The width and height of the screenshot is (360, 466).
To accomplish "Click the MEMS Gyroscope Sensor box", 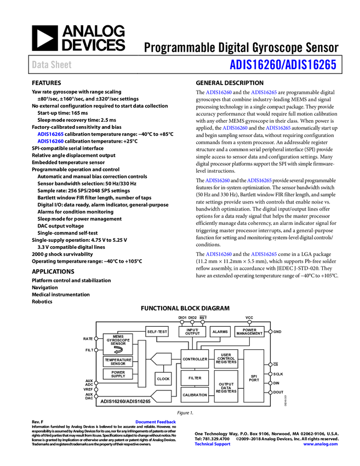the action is click(118, 344).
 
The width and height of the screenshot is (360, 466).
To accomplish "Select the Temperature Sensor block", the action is click(118, 361).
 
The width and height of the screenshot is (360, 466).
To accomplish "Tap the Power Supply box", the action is click(118, 374).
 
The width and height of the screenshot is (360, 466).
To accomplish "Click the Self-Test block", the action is click(157, 332).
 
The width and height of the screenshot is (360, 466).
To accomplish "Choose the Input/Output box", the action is click(192, 332).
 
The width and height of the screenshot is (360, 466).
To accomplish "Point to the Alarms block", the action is click(220, 332).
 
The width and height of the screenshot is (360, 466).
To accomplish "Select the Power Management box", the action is click(249, 332).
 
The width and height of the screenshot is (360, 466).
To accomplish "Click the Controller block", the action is click(195, 359).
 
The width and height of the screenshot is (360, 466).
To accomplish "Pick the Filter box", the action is click(195, 378).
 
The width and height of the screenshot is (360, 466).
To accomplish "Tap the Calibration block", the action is click(195, 395).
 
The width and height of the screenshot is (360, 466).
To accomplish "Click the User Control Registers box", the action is click(226, 359).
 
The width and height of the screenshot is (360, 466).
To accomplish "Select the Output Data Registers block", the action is click(226, 387).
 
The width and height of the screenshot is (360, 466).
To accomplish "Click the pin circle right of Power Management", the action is click(270, 332).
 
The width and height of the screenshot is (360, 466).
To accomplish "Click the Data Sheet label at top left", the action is click(52, 65).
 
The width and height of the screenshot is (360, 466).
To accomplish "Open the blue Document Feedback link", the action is click(156, 422).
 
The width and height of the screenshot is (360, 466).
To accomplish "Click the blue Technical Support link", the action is click(213, 444).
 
